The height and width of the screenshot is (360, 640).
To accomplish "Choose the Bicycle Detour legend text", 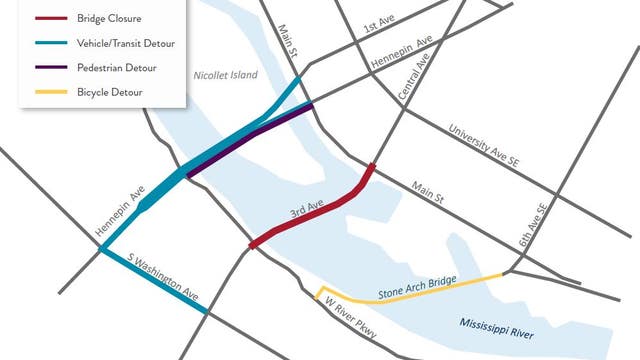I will [108, 92].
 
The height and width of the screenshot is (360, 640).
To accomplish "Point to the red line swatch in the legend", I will [50, 18].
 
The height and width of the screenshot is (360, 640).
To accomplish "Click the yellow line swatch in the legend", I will [50, 93].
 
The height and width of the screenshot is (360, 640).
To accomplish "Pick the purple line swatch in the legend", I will [50, 68].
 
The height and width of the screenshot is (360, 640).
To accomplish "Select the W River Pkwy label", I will [344, 319].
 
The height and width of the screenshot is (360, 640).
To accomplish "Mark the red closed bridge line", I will [320, 206].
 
